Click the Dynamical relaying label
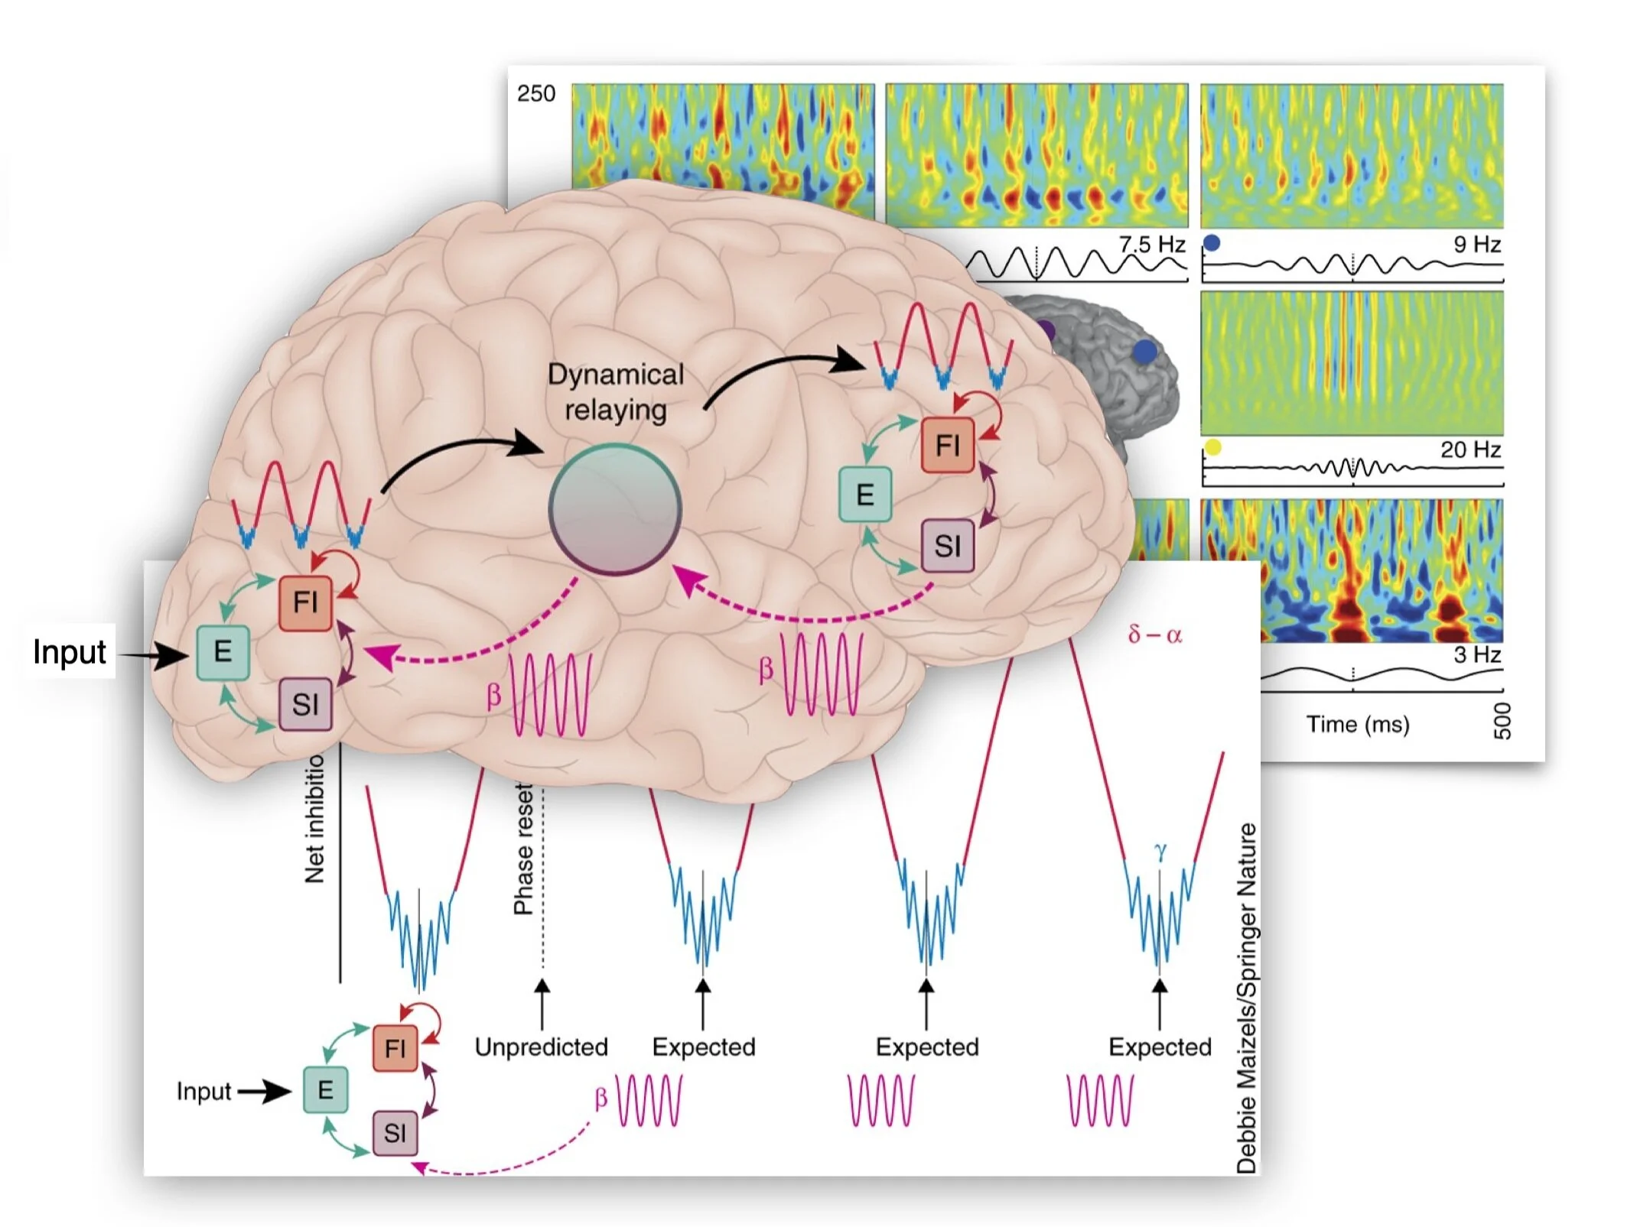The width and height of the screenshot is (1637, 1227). (616, 392)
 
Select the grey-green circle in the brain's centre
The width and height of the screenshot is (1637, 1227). (615, 509)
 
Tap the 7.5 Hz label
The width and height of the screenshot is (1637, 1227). (1152, 245)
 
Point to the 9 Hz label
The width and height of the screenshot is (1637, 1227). (1477, 245)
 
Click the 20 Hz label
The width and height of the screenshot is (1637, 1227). (1470, 450)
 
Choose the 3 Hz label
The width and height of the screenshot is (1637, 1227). (1477, 655)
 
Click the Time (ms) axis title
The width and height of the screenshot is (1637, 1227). (1358, 724)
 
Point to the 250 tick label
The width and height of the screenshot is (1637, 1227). (536, 94)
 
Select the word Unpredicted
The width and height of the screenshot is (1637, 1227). (542, 1047)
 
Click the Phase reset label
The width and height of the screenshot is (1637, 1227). (523, 849)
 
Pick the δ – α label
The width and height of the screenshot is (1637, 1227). (1155, 635)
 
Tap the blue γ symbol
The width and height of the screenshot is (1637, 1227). (1160, 852)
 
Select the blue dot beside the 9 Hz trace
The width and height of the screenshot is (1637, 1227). (1212, 243)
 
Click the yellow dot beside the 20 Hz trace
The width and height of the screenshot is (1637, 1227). (1213, 447)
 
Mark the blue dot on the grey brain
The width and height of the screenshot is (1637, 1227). (1144, 352)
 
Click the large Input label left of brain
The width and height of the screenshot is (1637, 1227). (70, 652)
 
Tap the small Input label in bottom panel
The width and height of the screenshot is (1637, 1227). (203, 1091)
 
